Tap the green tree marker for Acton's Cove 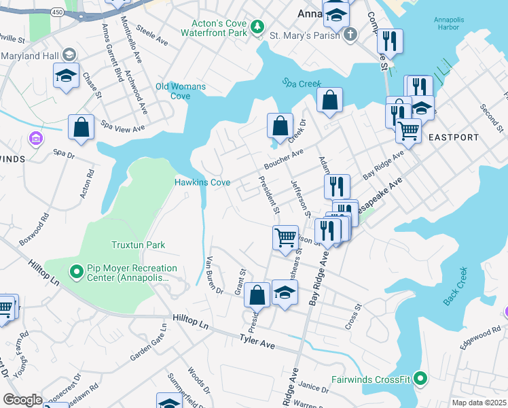257,27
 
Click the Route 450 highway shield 58,12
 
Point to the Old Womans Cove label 180,91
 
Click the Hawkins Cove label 202,182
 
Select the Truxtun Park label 139,245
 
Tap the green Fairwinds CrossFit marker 420,379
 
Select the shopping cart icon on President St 285,238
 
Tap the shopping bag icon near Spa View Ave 81,127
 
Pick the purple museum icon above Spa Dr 35,139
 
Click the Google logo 22,400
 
